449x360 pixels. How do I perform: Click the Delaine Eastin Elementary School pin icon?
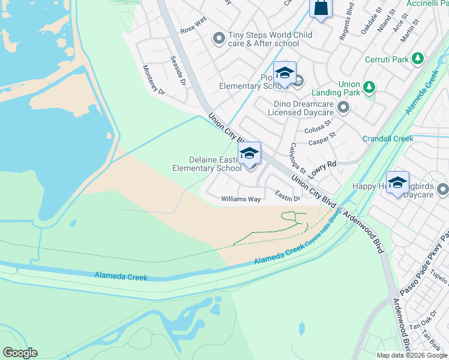click(x=250, y=154)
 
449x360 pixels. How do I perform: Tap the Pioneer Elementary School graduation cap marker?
click(x=285, y=74)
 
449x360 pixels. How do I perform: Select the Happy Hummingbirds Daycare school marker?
click(x=397, y=183)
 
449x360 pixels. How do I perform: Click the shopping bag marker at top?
click(x=321, y=8)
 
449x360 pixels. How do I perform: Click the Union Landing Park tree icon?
click(x=369, y=88)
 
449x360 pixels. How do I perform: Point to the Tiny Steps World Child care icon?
click(x=218, y=39)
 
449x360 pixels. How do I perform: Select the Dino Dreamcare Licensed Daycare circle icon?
click(x=343, y=108)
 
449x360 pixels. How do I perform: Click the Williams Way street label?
click(x=241, y=199)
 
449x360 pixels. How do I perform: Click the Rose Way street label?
click(x=193, y=29)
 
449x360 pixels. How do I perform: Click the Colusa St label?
click(x=318, y=127)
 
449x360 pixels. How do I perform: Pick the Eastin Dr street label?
click(x=288, y=196)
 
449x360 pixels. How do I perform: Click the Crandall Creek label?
click(x=388, y=139)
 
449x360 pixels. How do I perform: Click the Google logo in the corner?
click(x=20, y=353)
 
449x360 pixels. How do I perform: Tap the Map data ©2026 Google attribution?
click(x=411, y=355)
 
